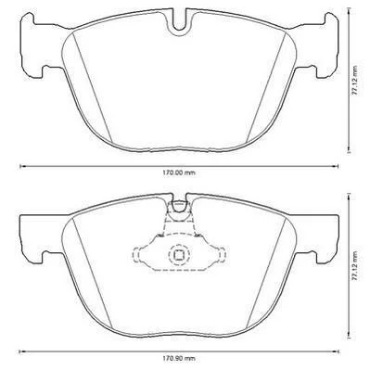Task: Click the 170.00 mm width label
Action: pyautogui.click(x=179, y=172)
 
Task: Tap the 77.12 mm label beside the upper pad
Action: pyautogui.click(x=356, y=81)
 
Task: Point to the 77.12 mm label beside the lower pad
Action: pyautogui.click(x=356, y=265)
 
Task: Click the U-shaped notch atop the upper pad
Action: pyautogui.click(x=179, y=25)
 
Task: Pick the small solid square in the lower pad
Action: pyautogui.click(x=179, y=254)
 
